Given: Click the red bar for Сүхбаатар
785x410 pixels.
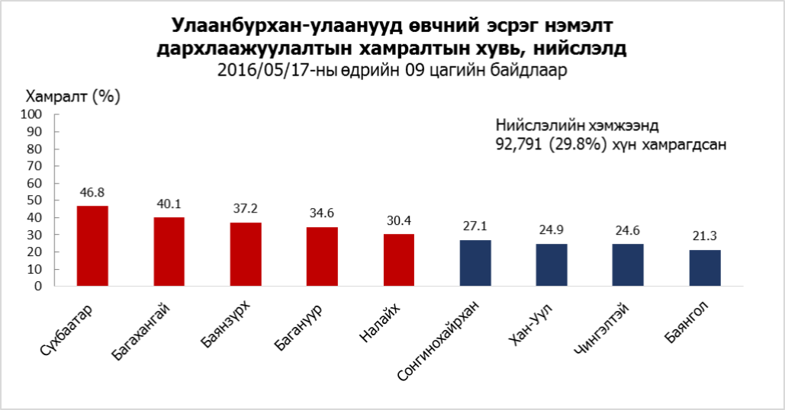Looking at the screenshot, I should pyautogui.click(x=92, y=246).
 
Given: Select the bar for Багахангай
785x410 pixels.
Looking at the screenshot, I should pyautogui.click(x=169, y=251).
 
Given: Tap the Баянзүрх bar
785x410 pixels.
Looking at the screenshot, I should pyautogui.click(x=246, y=255).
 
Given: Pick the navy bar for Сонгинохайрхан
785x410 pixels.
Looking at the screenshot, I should pyautogui.click(x=475, y=263).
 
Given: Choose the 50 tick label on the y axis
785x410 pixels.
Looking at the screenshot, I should pyautogui.click(x=34, y=200).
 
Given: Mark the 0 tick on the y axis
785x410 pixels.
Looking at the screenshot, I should pyautogui.click(x=38, y=287).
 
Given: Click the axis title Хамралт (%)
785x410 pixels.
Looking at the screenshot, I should pyautogui.click(x=73, y=97).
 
